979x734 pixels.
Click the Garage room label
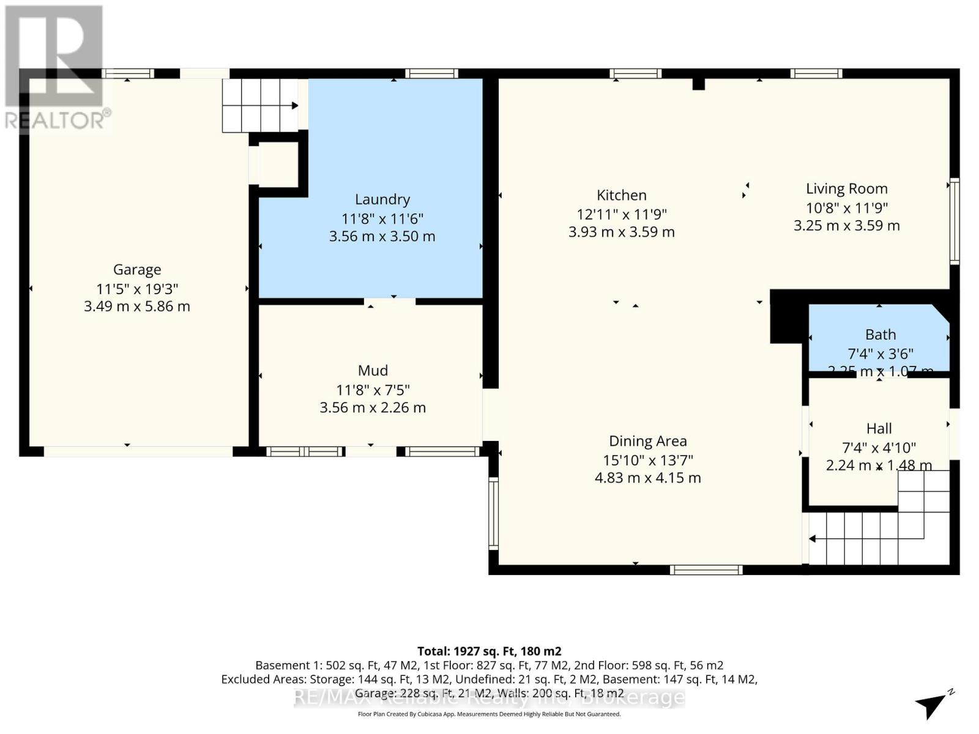coord(137,269)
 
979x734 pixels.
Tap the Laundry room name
coord(382,199)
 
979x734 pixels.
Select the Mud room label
coord(373,371)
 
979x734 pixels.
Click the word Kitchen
coord(621,195)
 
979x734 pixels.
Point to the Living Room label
coord(846,189)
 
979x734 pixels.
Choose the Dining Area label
coord(647,441)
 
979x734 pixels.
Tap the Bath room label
coord(880,335)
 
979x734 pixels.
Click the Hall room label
coord(879,428)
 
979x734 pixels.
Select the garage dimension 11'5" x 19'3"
coord(137,289)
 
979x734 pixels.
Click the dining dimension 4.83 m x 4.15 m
coord(647,478)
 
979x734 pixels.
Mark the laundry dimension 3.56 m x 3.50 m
coord(382,237)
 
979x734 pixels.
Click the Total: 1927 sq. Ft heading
coord(489,651)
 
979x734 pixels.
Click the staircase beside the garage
coord(259,105)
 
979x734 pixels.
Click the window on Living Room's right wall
coord(954,221)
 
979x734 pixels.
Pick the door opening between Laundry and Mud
coord(390,301)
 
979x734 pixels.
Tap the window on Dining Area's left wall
coord(493,513)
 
